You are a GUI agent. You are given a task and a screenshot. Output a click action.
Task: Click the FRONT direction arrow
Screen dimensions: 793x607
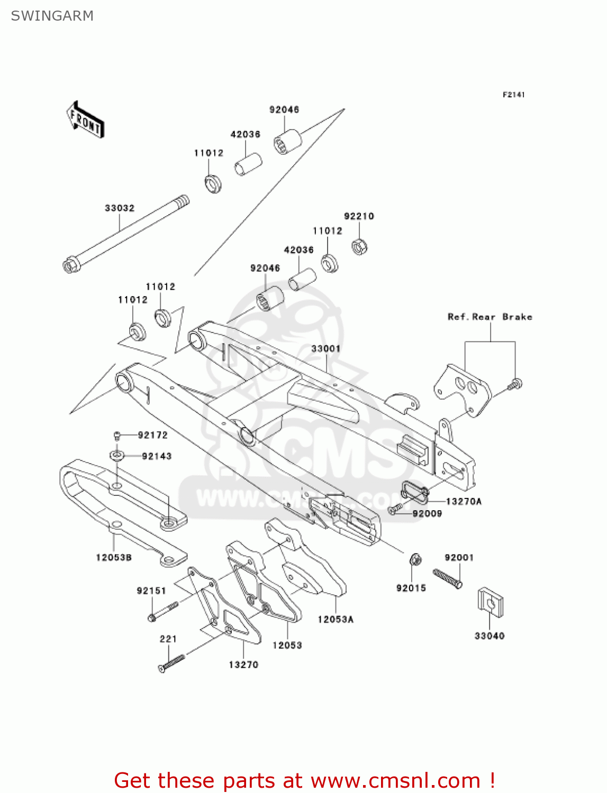click(85, 120)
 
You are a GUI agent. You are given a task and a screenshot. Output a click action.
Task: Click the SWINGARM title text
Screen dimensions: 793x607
click(52, 16)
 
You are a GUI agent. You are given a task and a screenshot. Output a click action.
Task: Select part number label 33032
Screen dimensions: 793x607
click(120, 208)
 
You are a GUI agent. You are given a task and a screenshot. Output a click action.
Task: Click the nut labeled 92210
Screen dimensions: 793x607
click(360, 246)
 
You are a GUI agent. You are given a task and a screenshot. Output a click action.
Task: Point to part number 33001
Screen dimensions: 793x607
click(326, 349)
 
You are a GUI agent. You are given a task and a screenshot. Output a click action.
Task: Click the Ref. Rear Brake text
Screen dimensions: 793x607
click(490, 317)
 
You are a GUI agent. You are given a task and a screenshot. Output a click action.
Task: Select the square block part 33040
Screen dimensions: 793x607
click(491, 602)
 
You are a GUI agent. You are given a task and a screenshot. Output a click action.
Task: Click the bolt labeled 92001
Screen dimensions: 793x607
click(448, 578)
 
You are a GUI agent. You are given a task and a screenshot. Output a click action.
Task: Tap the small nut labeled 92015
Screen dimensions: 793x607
click(415, 559)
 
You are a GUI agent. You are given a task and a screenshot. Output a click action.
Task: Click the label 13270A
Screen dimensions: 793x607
click(464, 502)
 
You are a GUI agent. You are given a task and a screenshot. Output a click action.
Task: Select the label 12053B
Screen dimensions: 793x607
click(114, 558)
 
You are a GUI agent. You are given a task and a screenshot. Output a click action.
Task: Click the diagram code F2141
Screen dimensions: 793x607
click(513, 95)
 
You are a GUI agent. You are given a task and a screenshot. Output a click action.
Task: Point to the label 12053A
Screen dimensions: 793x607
click(336, 620)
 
